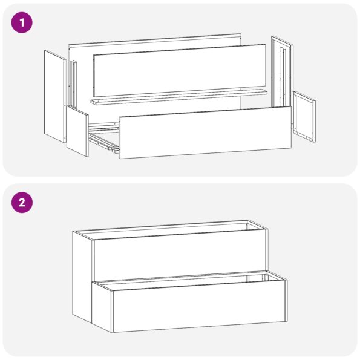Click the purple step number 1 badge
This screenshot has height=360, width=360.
coord(22,23)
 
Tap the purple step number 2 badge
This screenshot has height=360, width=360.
coord(22,202)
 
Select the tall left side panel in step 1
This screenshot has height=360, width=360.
coord(54,97)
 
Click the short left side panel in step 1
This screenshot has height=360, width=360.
coord(77,131)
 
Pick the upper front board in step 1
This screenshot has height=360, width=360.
coord(180,70)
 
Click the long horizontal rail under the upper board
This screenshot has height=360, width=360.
coord(178,97)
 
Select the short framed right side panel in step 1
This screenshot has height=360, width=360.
coord(304,117)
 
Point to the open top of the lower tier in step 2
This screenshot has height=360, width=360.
coord(194,279)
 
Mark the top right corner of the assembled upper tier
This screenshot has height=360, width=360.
coord(267,227)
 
